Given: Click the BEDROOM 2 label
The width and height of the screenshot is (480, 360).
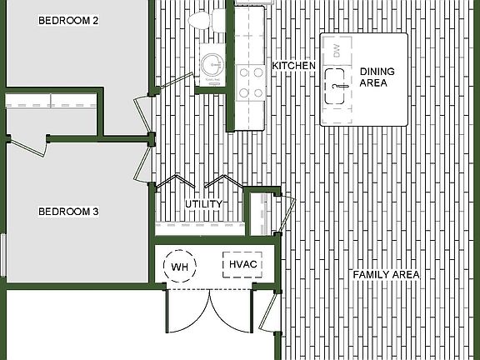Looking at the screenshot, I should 69,20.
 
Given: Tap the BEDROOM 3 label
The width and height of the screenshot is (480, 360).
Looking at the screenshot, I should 69,212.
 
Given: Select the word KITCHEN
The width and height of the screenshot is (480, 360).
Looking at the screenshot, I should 293,66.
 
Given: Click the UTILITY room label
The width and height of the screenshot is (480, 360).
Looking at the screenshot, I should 202,204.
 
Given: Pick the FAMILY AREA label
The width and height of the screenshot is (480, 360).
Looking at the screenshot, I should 385,274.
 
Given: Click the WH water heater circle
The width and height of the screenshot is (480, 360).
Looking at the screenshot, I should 179,267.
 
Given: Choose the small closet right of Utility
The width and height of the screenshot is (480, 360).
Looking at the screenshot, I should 261,214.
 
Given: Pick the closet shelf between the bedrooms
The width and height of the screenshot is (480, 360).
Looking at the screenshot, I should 50,101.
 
